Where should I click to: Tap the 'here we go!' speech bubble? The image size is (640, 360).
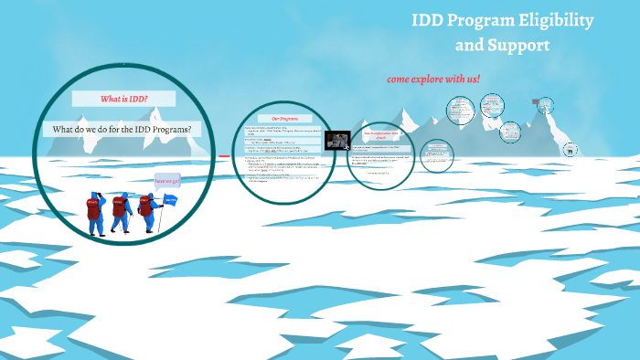(x=166, y=181)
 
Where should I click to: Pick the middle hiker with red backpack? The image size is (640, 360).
(x=119, y=210)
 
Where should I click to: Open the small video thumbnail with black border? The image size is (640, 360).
(x=337, y=141)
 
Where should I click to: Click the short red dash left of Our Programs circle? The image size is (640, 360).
(x=223, y=156)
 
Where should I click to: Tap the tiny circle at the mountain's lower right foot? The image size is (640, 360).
(x=571, y=149)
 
